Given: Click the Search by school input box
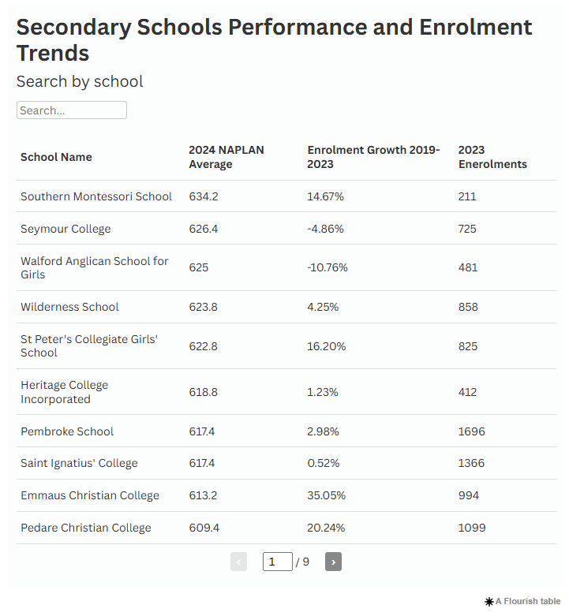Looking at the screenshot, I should pyautogui.click(x=71, y=110).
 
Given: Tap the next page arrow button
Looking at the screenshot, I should pyautogui.click(x=333, y=562).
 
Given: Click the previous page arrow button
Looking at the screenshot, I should pyautogui.click(x=238, y=562).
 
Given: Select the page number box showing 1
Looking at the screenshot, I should pyautogui.click(x=277, y=562).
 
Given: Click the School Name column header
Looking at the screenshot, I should pyautogui.click(x=56, y=157).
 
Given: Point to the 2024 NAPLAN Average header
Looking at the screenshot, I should pyautogui.click(x=226, y=157).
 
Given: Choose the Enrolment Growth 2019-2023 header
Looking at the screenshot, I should pyautogui.click(x=373, y=157).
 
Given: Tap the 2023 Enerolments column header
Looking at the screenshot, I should pyautogui.click(x=492, y=157).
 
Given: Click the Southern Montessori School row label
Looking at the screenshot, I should pyautogui.click(x=96, y=196).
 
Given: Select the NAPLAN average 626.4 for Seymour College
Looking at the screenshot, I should pyautogui.click(x=204, y=229).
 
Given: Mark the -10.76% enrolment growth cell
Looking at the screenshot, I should pyautogui.click(x=328, y=267).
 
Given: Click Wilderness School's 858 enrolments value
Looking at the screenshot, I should pyautogui.click(x=468, y=307).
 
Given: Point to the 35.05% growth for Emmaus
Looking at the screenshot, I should pyautogui.click(x=326, y=495).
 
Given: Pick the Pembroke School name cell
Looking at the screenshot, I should pyautogui.click(x=67, y=431).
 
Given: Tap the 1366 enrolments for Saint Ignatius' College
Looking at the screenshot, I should pyautogui.click(x=471, y=463).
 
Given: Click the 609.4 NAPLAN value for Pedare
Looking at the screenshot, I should pyautogui.click(x=204, y=528).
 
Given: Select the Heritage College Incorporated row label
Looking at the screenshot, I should pyautogui.click(x=65, y=392).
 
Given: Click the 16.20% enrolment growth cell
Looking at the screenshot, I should pyautogui.click(x=326, y=345).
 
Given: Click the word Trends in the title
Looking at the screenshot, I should pyautogui.click(x=53, y=54).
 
